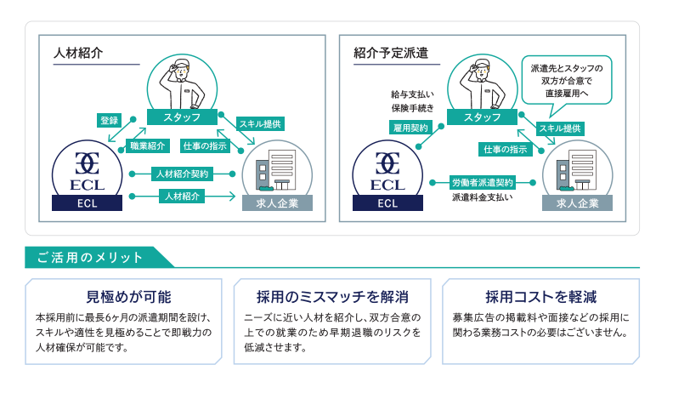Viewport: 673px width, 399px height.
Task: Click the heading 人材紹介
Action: (x=78, y=53)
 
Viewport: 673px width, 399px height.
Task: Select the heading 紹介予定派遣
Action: (x=391, y=53)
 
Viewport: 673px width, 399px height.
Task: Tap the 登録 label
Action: (x=110, y=120)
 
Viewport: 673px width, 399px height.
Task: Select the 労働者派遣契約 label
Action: (x=483, y=181)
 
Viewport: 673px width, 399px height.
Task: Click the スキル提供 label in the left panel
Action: (x=259, y=123)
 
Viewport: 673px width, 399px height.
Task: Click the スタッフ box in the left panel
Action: (x=181, y=117)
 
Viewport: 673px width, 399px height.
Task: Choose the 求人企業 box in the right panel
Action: (x=578, y=203)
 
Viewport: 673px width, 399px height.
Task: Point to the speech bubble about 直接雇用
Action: (x=565, y=80)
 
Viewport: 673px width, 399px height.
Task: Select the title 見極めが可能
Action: (x=128, y=297)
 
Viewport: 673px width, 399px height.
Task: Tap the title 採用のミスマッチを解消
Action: (x=332, y=297)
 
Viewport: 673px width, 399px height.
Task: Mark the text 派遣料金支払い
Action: (x=482, y=197)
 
